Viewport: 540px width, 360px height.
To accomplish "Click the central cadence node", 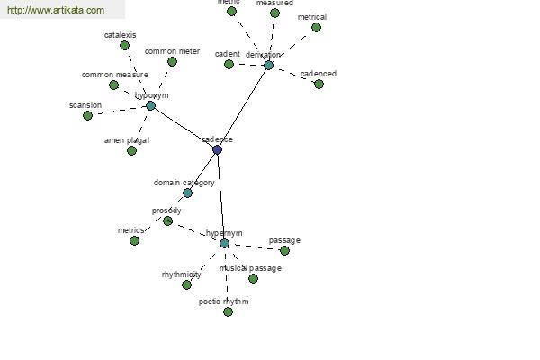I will coord(217,149).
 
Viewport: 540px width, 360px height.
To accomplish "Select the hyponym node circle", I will coord(150,105).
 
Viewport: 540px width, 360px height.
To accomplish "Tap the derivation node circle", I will coord(268,65).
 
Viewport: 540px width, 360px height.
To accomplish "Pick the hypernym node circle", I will coord(224,243).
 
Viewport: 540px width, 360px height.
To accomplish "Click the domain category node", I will coord(187,193).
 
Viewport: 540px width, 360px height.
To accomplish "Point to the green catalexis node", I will coord(124,45).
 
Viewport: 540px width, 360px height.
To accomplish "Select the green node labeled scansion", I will coord(87,115).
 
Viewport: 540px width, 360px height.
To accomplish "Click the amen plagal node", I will coord(131,150).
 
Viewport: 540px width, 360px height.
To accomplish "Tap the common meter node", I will coord(172,61).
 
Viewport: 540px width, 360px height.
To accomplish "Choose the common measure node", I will coord(113,85).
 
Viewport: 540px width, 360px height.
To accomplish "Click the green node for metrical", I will coord(316,27).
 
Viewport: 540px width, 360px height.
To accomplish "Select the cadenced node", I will coord(319,84).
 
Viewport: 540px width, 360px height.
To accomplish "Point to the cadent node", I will coord(229,64).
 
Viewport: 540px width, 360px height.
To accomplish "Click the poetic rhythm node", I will coord(228,311).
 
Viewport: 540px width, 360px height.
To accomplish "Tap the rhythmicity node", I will coord(186,284).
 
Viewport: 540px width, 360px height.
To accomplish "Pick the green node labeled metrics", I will coord(134,240).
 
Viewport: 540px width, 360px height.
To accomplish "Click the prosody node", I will coord(167,220).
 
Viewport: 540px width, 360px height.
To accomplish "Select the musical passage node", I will coord(253,278).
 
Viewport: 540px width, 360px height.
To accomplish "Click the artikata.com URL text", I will coord(55,10).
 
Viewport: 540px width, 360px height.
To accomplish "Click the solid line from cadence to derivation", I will coord(243,106).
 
